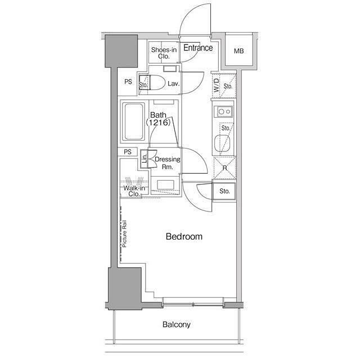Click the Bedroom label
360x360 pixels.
click(184, 236)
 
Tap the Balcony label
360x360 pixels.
click(177, 325)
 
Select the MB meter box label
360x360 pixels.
click(238, 51)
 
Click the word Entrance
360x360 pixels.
click(198, 48)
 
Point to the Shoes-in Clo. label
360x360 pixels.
click(164, 53)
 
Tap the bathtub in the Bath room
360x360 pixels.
click(133, 121)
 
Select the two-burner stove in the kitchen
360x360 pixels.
click(223, 112)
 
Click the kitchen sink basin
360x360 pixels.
click(222, 144)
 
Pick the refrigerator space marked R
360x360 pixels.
click(225, 168)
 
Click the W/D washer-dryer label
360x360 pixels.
click(217, 85)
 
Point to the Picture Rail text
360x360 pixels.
click(124, 234)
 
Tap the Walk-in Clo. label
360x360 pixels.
click(134, 191)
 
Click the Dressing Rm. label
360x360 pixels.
click(168, 163)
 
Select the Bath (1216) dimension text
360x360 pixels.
click(159, 119)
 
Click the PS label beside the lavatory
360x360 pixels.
click(128, 82)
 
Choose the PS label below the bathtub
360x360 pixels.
click(128, 152)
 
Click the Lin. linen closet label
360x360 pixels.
click(144, 159)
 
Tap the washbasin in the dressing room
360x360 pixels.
click(165, 185)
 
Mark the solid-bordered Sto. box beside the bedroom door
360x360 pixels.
click(224, 191)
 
